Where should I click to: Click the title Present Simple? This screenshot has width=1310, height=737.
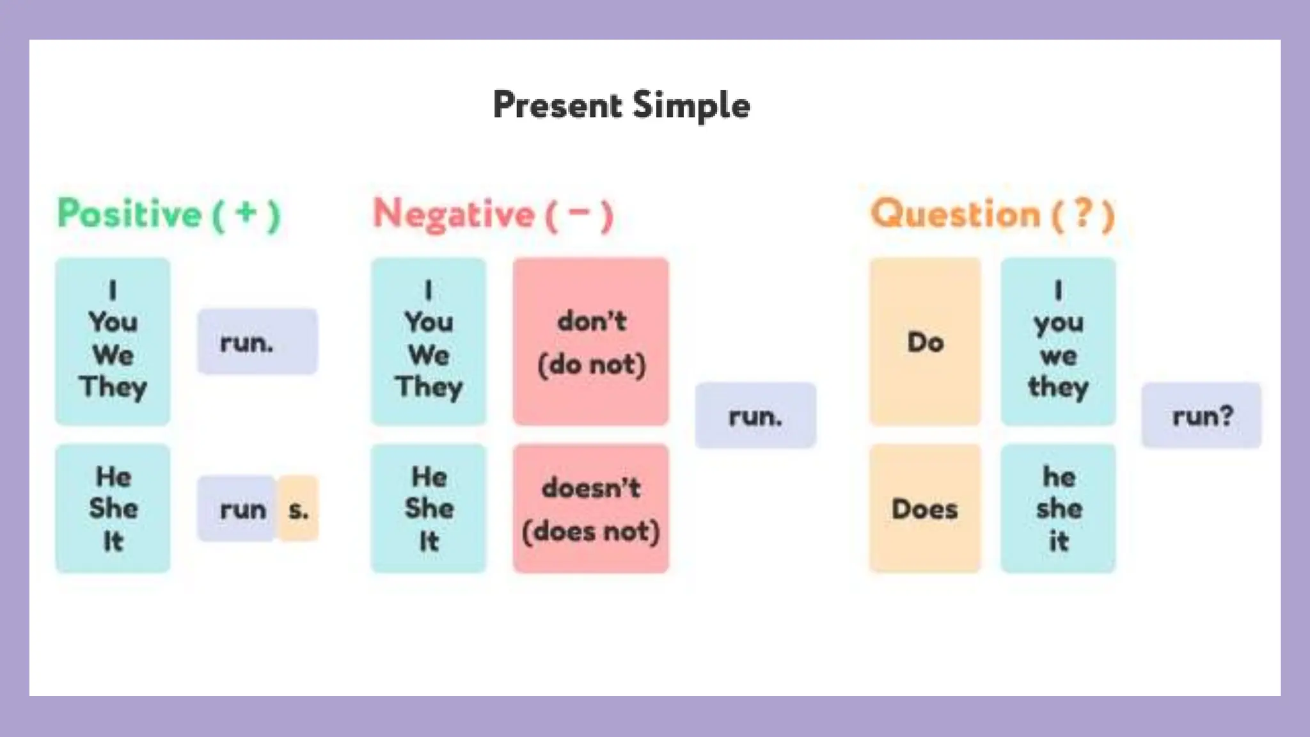click(x=621, y=106)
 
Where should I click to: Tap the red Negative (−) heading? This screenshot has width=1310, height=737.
click(x=493, y=214)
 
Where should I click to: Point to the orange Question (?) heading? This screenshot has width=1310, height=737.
click(x=992, y=214)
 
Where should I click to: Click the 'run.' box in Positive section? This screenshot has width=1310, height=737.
click(x=256, y=342)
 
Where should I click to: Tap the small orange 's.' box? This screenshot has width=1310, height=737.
click(x=298, y=509)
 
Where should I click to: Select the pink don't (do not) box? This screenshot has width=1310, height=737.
click(x=591, y=342)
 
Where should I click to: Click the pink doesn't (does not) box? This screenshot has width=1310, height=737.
click(x=591, y=509)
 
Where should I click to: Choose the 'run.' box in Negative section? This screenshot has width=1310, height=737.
click(x=755, y=416)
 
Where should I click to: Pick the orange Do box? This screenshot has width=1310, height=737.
click(x=925, y=342)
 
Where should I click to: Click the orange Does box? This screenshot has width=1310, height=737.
click(x=925, y=509)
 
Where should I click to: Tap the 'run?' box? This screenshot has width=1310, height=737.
click(x=1201, y=416)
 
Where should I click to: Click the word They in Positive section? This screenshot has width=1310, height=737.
click(x=113, y=387)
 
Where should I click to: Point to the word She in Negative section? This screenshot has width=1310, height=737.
click(x=429, y=509)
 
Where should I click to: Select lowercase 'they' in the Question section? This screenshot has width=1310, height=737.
click(x=1058, y=387)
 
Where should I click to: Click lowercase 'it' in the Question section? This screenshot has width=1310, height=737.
click(x=1058, y=541)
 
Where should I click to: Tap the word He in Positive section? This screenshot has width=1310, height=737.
click(x=113, y=477)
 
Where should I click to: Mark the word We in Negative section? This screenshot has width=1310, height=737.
click(x=429, y=355)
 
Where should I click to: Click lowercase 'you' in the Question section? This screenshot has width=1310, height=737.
click(x=1058, y=324)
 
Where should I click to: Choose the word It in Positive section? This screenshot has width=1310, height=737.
click(x=113, y=541)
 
